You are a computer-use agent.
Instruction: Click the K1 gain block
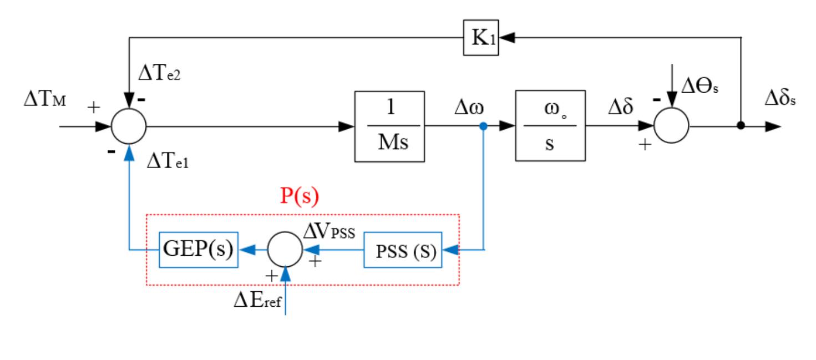pyautogui.click(x=480, y=38)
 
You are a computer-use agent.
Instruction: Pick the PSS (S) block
pyautogui.click(x=401, y=251)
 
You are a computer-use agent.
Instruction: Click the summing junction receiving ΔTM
pyautogui.click(x=129, y=126)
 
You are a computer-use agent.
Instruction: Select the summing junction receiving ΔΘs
pyautogui.click(x=671, y=126)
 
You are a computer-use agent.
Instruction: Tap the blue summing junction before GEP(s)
pyautogui.click(x=285, y=250)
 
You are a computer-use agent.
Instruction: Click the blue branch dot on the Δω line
pyautogui.click(x=484, y=126)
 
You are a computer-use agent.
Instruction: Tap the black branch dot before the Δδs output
pyautogui.click(x=741, y=126)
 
